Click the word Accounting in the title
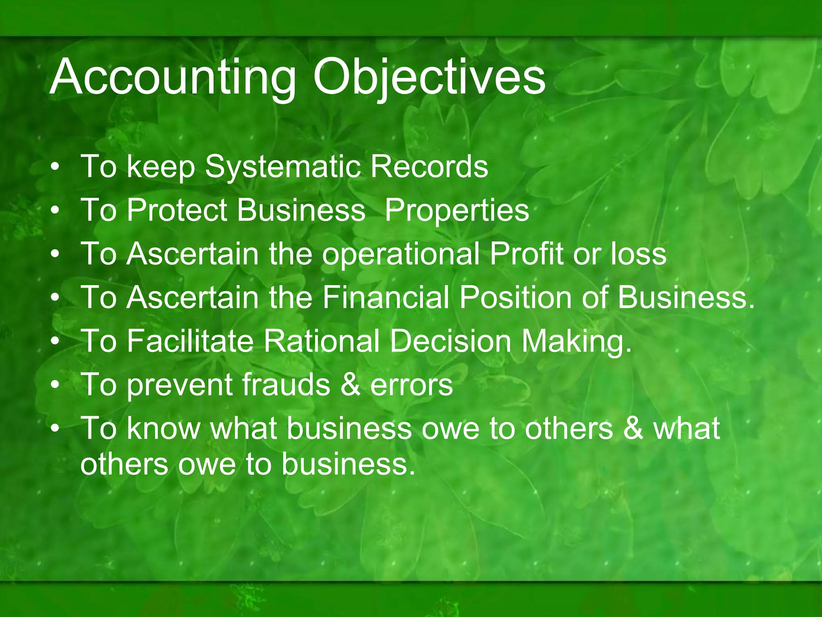173,77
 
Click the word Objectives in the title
429,77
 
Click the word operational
401,255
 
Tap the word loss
639,254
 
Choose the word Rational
321,341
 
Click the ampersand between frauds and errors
350,385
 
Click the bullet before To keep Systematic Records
56,167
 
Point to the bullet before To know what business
56,428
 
